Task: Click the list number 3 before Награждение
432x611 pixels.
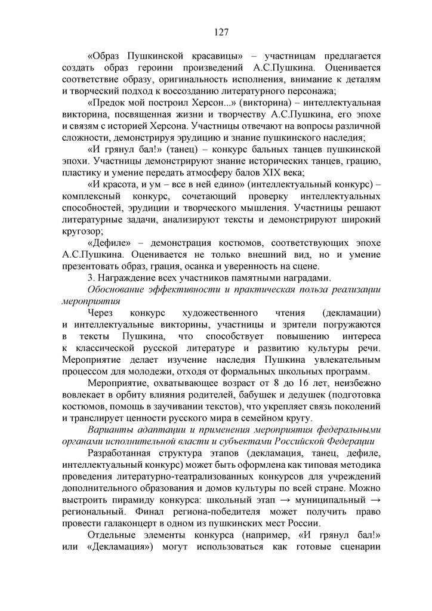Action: [90, 277]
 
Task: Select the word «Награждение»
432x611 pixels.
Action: [128, 277]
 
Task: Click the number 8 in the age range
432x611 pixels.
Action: [277, 382]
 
